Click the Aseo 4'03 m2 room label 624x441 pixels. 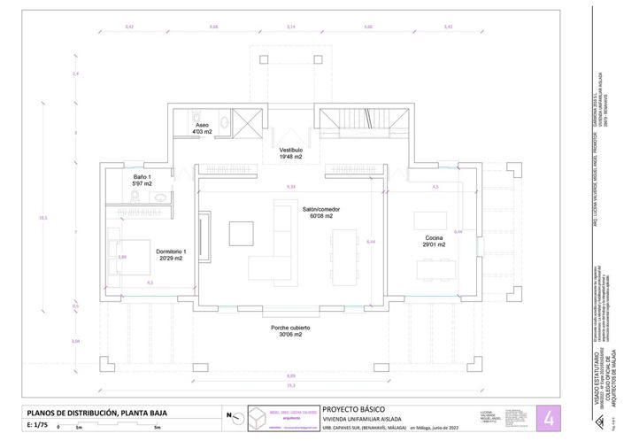click(x=202, y=129)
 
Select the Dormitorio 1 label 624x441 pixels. click(x=172, y=255)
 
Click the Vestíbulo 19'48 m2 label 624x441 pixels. click(x=291, y=154)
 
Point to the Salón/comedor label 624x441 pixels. click(x=320, y=213)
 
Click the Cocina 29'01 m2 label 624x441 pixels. click(x=434, y=242)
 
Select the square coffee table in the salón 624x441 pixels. click(x=241, y=233)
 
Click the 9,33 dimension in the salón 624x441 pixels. click(x=290, y=187)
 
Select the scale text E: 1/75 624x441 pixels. click(x=40, y=425)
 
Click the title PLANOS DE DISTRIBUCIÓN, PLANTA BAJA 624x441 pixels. click(x=96, y=413)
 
